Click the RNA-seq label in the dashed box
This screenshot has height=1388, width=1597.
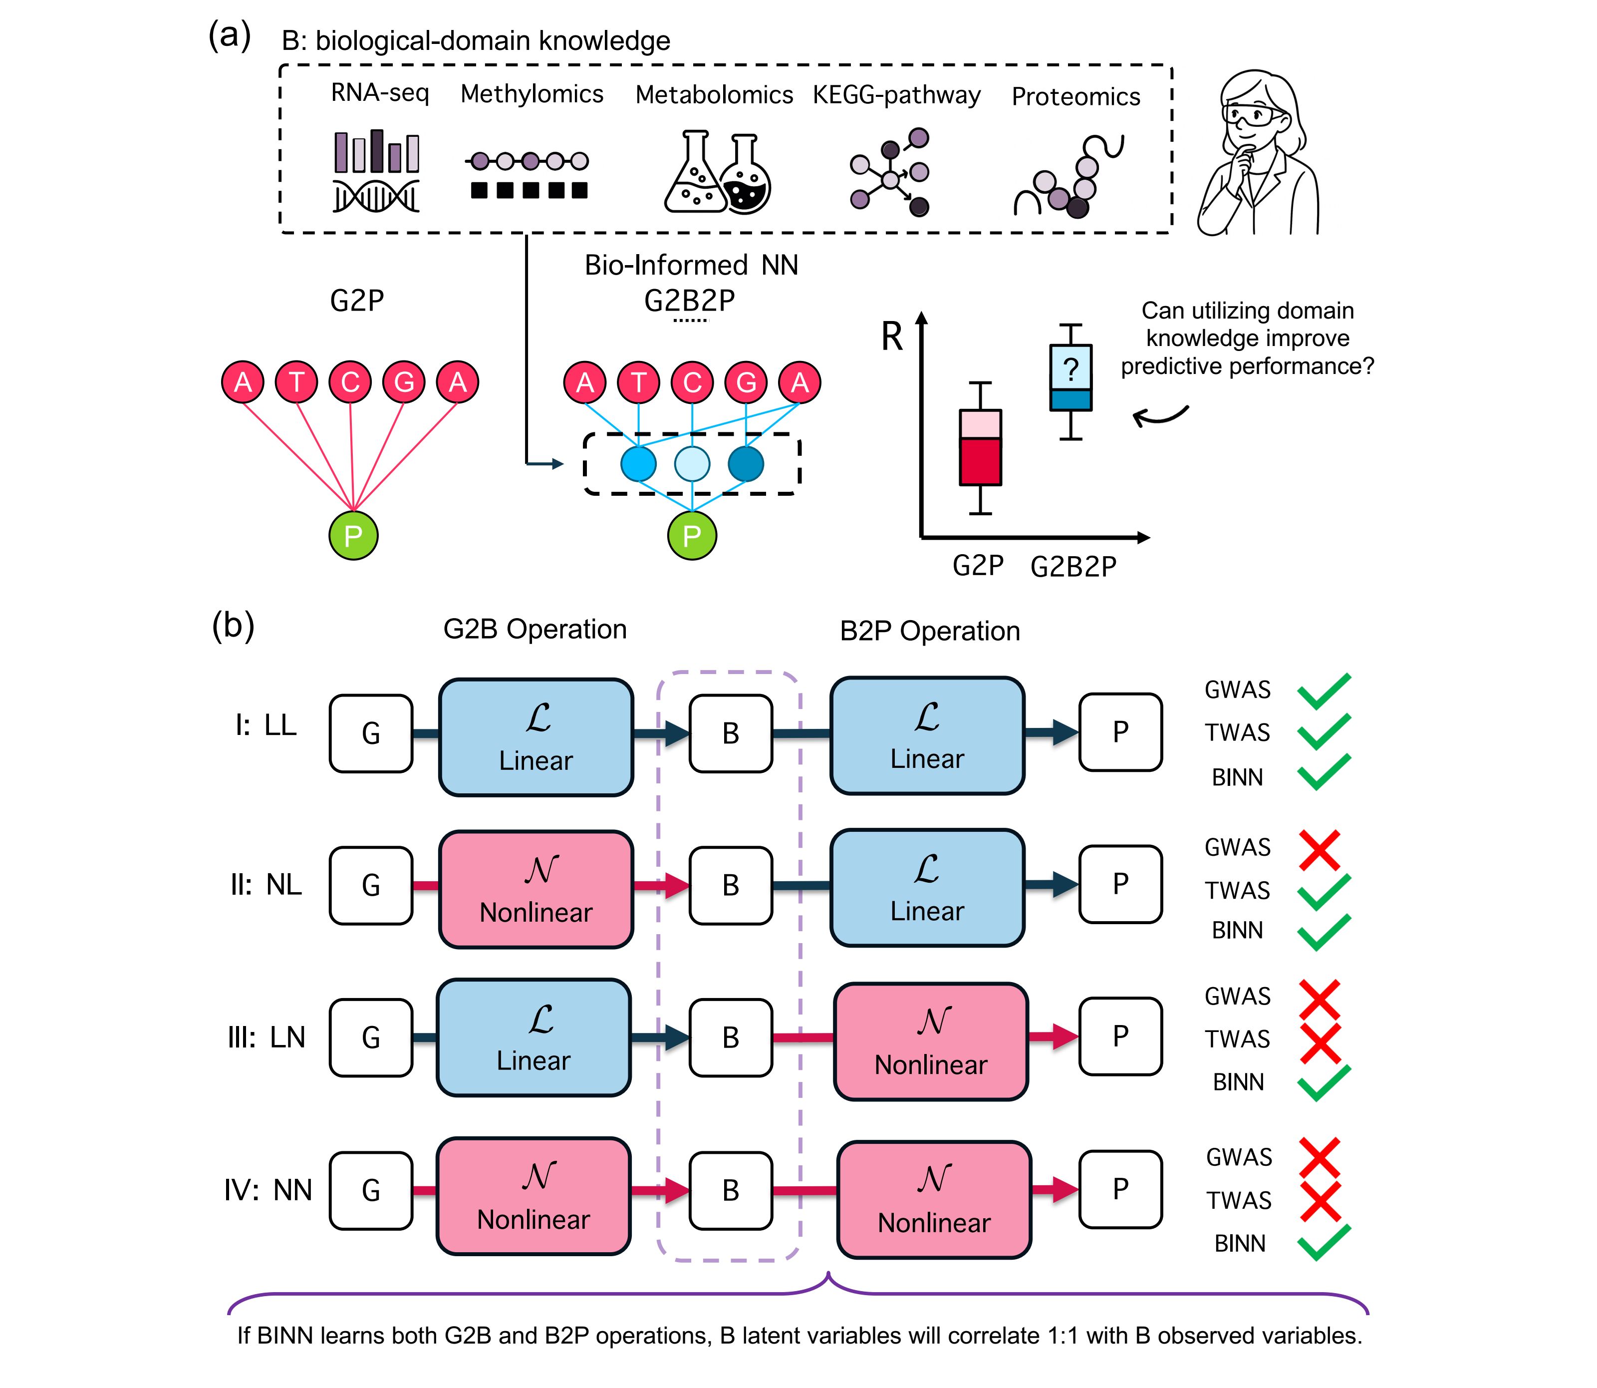click(x=379, y=93)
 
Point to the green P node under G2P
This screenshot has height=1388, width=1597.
click(x=353, y=535)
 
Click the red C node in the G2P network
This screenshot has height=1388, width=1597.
click(x=351, y=382)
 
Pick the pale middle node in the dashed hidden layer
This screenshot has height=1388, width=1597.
click(x=692, y=464)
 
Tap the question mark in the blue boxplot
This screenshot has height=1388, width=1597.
click(x=1070, y=369)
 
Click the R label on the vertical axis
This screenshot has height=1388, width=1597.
click(x=892, y=337)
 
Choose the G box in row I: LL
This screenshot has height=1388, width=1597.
click(x=371, y=733)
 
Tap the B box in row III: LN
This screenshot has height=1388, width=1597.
click(x=731, y=1037)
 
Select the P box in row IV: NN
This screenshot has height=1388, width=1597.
click(x=1120, y=1189)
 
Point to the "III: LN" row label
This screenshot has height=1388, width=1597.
click(x=266, y=1037)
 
